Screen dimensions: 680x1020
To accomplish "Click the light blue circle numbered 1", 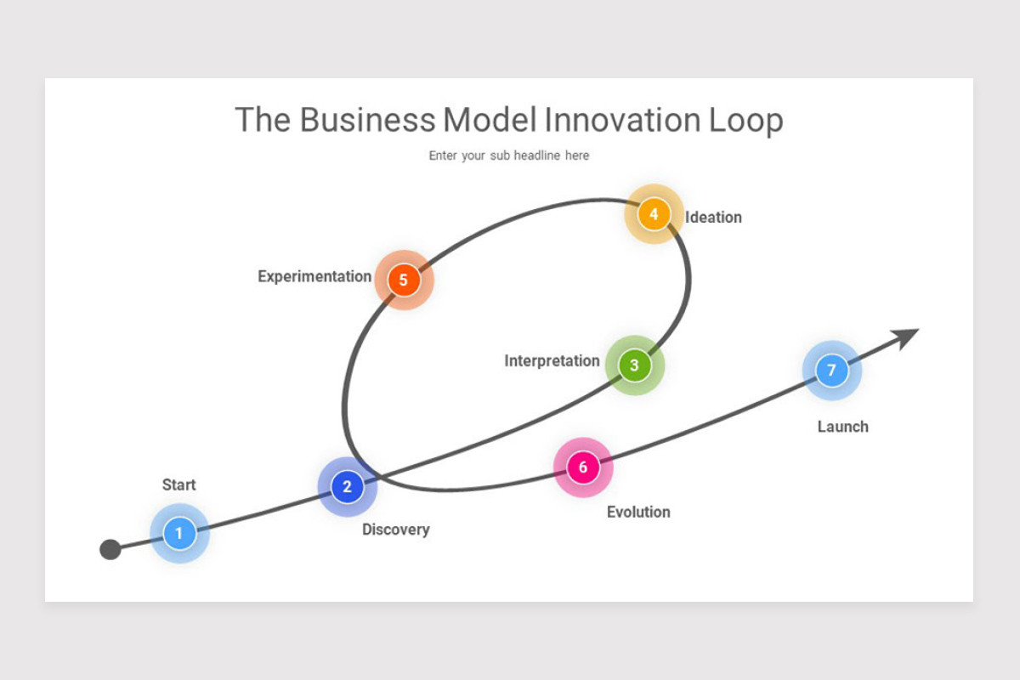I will (178, 534).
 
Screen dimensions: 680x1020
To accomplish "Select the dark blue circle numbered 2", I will (347, 487).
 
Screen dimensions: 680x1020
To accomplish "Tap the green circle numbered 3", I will (634, 365).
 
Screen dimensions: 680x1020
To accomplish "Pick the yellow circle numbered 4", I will (654, 214).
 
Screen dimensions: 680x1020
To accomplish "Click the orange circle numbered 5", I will (404, 280).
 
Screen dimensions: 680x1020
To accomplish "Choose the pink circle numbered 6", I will (583, 467).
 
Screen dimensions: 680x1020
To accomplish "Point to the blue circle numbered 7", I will (831, 371).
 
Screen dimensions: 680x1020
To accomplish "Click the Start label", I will (178, 485).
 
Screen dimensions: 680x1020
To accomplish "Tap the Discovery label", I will (395, 530).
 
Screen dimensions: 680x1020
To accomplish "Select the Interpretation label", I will (552, 361).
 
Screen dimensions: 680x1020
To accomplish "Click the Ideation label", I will (713, 218).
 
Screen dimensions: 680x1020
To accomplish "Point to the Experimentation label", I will (314, 277).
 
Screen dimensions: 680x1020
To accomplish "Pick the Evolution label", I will (637, 512).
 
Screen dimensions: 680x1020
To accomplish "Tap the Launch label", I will (842, 427).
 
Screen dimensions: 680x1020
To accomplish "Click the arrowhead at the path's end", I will (907, 336).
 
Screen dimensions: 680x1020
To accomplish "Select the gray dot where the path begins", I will (110, 549).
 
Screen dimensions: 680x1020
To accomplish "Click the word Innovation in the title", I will (623, 121).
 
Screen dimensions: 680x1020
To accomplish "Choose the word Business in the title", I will (366, 121).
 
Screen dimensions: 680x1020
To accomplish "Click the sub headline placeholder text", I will (508, 156).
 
